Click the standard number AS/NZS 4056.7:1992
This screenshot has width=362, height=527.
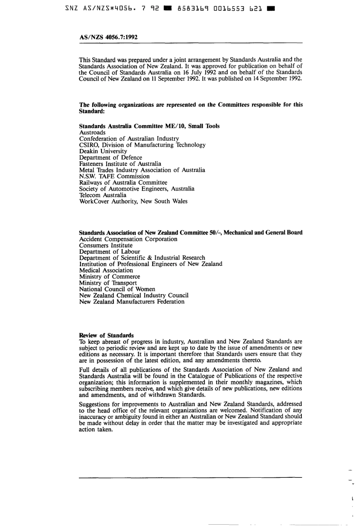click(x=108, y=37)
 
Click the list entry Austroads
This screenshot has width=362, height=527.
click(x=92, y=133)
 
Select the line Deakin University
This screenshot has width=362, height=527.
click(x=103, y=151)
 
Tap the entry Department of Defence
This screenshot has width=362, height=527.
click(x=111, y=157)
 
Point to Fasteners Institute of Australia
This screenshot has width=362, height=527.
click(x=120, y=164)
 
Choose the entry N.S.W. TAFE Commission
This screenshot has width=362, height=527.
click(x=114, y=176)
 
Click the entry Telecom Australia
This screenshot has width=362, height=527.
click(x=103, y=195)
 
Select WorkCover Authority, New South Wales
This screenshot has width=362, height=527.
click(x=133, y=201)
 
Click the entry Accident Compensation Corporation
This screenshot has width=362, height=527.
click(x=128, y=239)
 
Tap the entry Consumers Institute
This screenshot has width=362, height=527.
click(x=106, y=246)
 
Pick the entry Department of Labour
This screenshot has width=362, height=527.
click(x=110, y=252)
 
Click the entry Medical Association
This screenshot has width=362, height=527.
click(x=106, y=270)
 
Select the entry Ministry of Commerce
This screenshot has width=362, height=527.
click(x=110, y=276)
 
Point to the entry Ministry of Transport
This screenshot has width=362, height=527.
click(x=108, y=283)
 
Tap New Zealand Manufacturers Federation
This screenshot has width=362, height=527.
click(x=132, y=302)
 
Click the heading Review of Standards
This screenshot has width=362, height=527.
click(x=106, y=336)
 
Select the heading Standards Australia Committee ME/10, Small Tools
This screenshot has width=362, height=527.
click(x=149, y=126)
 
